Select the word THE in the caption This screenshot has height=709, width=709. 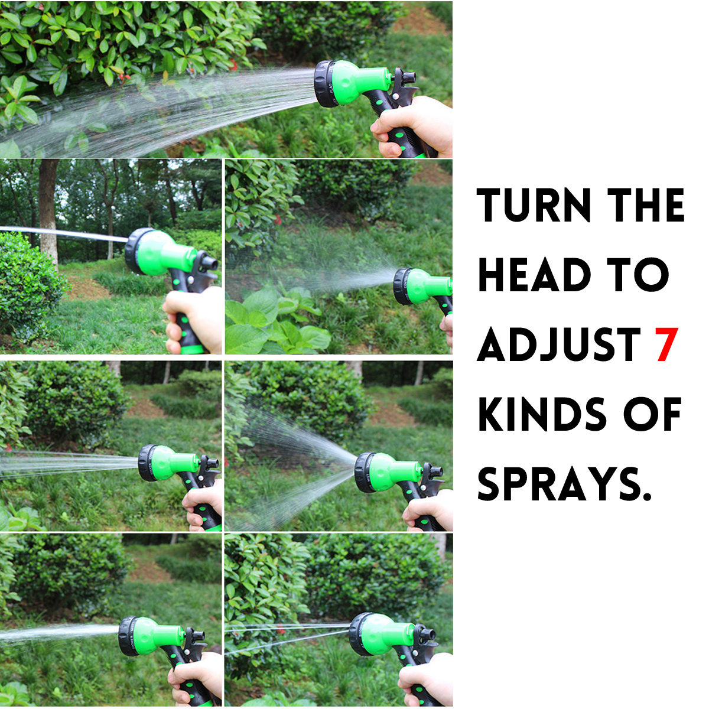(x=647, y=206)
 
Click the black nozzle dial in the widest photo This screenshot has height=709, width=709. (x=326, y=83)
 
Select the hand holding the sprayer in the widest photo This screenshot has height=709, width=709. (x=414, y=125)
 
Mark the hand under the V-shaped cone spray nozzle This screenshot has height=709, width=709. (x=428, y=509)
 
